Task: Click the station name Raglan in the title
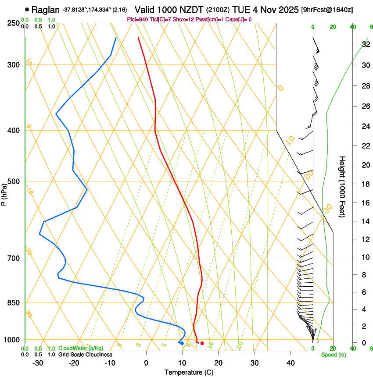[46, 9]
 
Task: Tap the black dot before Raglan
[27, 9]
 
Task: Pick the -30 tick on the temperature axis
[38, 363]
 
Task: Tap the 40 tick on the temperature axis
[291, 363]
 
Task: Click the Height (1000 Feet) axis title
[342, 186]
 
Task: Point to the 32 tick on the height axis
[365, 44]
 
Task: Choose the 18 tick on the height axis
[365, 184]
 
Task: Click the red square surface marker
[202, 343]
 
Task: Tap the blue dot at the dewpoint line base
[182, 343]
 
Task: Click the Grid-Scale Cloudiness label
[85, 354]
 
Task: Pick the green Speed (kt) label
[333, 355]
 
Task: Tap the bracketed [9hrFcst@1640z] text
[327, 10]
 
